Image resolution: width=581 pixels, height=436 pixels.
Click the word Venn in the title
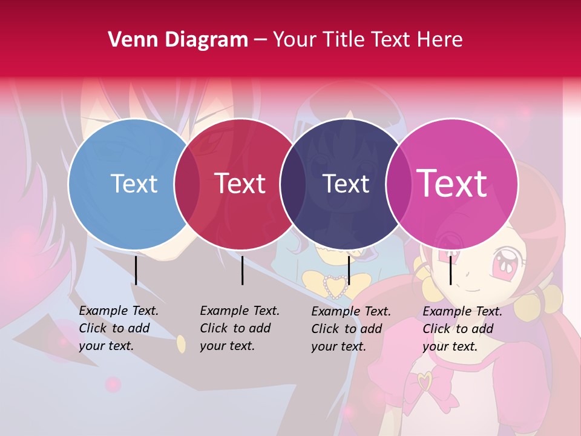[132, 40]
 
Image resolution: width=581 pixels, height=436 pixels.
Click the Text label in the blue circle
[134, 183]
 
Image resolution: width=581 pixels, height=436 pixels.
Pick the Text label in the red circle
[240, 183]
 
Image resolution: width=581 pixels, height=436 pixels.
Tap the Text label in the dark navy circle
[346, 183]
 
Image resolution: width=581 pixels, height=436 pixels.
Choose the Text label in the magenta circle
[452, 183]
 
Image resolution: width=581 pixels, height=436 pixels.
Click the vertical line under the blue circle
[136, 270]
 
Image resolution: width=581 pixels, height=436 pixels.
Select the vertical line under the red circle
[242, 270]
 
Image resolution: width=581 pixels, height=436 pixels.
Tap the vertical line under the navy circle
[349, 270]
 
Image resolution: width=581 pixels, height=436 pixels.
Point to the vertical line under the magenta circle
[450, 270]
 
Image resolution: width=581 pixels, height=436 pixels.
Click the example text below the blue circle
[118, 328]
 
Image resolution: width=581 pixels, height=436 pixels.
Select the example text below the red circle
[239, 328]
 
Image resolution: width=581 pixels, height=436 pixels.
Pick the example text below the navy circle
[350, 329]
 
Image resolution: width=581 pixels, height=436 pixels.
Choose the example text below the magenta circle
[462, 329]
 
